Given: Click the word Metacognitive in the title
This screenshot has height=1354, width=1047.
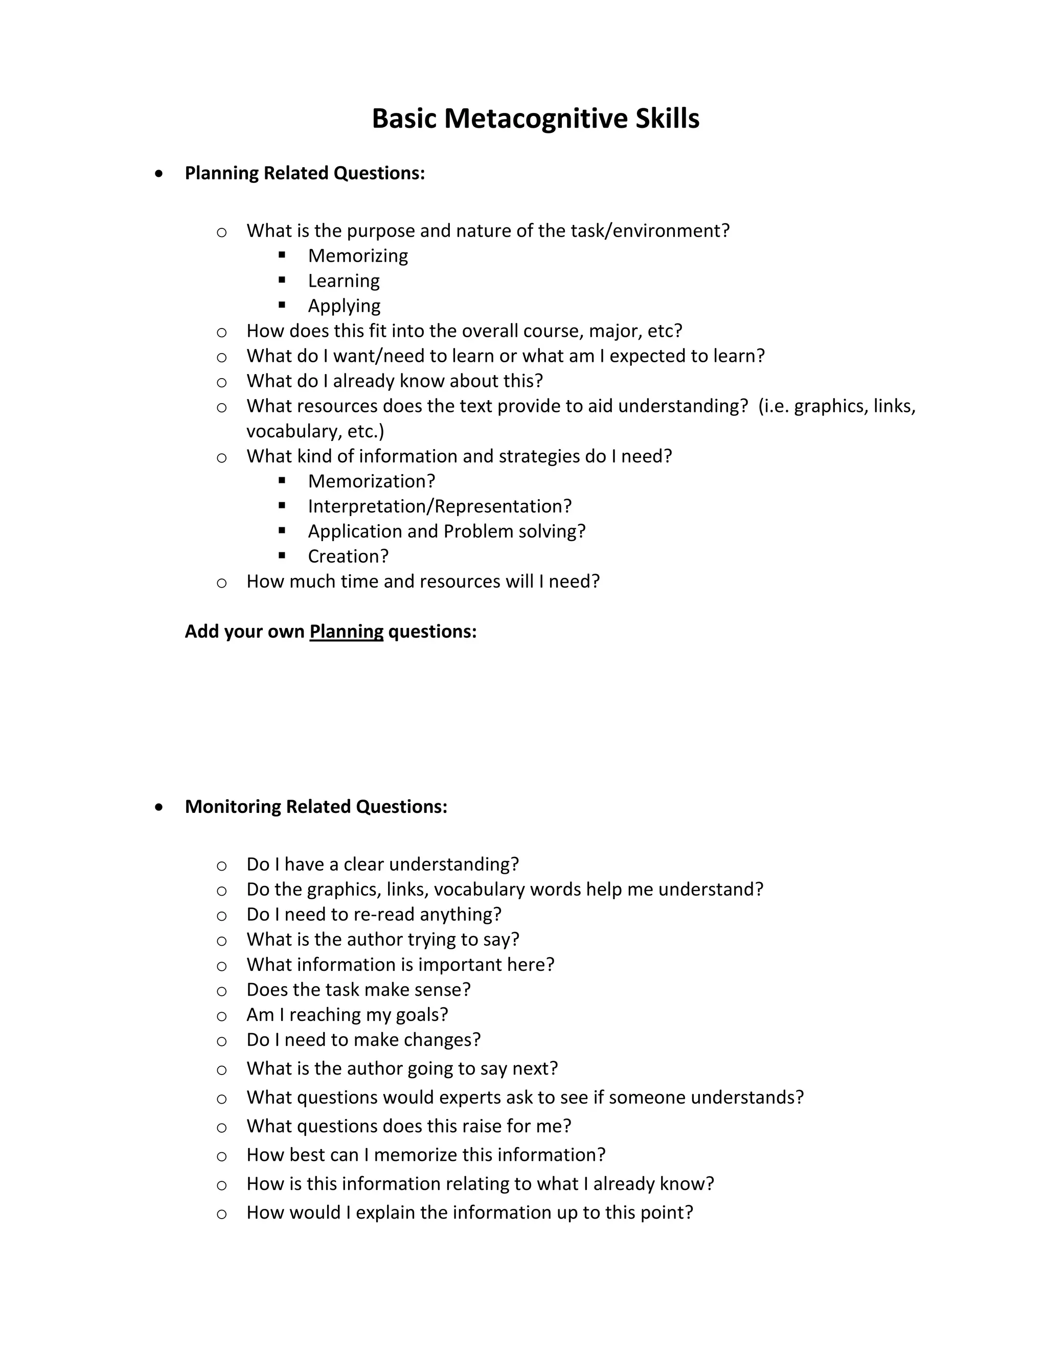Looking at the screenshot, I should tap(536, 119).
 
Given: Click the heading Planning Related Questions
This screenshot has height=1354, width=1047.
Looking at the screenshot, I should tap(305, 173).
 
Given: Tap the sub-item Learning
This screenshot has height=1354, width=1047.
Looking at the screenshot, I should tap(344, 281).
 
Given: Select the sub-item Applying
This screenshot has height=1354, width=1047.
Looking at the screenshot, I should tap(344, 306).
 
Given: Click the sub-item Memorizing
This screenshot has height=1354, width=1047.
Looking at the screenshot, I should tap(358, 255).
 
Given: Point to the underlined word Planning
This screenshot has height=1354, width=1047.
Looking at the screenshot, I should tap(346, 632).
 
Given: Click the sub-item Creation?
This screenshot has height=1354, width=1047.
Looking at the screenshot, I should tap(348, 556).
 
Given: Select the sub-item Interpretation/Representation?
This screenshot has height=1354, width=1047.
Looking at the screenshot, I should tap(440, 506).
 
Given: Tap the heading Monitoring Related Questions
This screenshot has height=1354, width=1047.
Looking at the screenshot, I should tap(316, 807).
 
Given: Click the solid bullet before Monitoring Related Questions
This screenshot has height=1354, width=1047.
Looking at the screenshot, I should tap(160, 807).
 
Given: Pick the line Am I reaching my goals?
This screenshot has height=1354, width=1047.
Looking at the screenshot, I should tap(347, 1015).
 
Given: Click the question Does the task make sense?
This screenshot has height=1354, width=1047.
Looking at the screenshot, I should tap(358, 990).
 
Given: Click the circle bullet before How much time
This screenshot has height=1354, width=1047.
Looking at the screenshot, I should tap(221, 583).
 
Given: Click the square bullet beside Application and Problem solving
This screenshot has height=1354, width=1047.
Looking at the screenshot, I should tap(282, 531).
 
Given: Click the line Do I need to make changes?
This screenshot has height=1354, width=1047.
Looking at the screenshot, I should tap(363, 1040).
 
